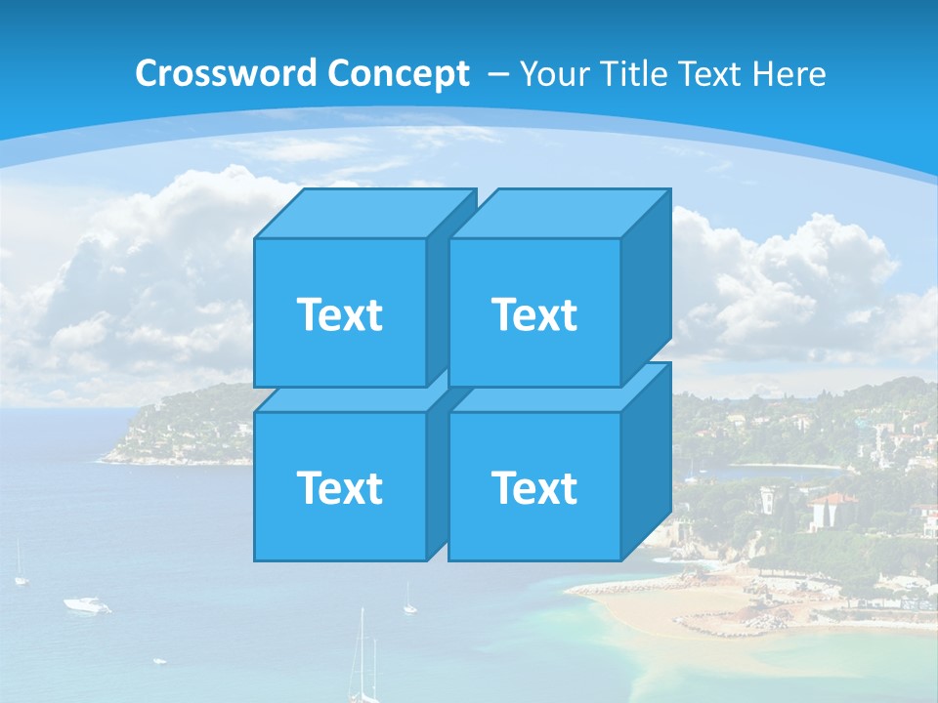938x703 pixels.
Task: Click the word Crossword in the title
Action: (x=227, y=74)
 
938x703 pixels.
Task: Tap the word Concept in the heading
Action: (x=398, y=74)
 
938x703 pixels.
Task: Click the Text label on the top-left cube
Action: (x=339, y=314)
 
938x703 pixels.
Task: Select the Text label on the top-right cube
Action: (x=534, y=314)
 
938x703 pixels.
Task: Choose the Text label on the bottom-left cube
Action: (x=339, y=487)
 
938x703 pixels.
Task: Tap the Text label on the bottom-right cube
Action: (x=534, y=487)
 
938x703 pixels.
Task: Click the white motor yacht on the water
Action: (x=87, y=605)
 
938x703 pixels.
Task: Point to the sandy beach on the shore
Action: (x=674, y=605)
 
